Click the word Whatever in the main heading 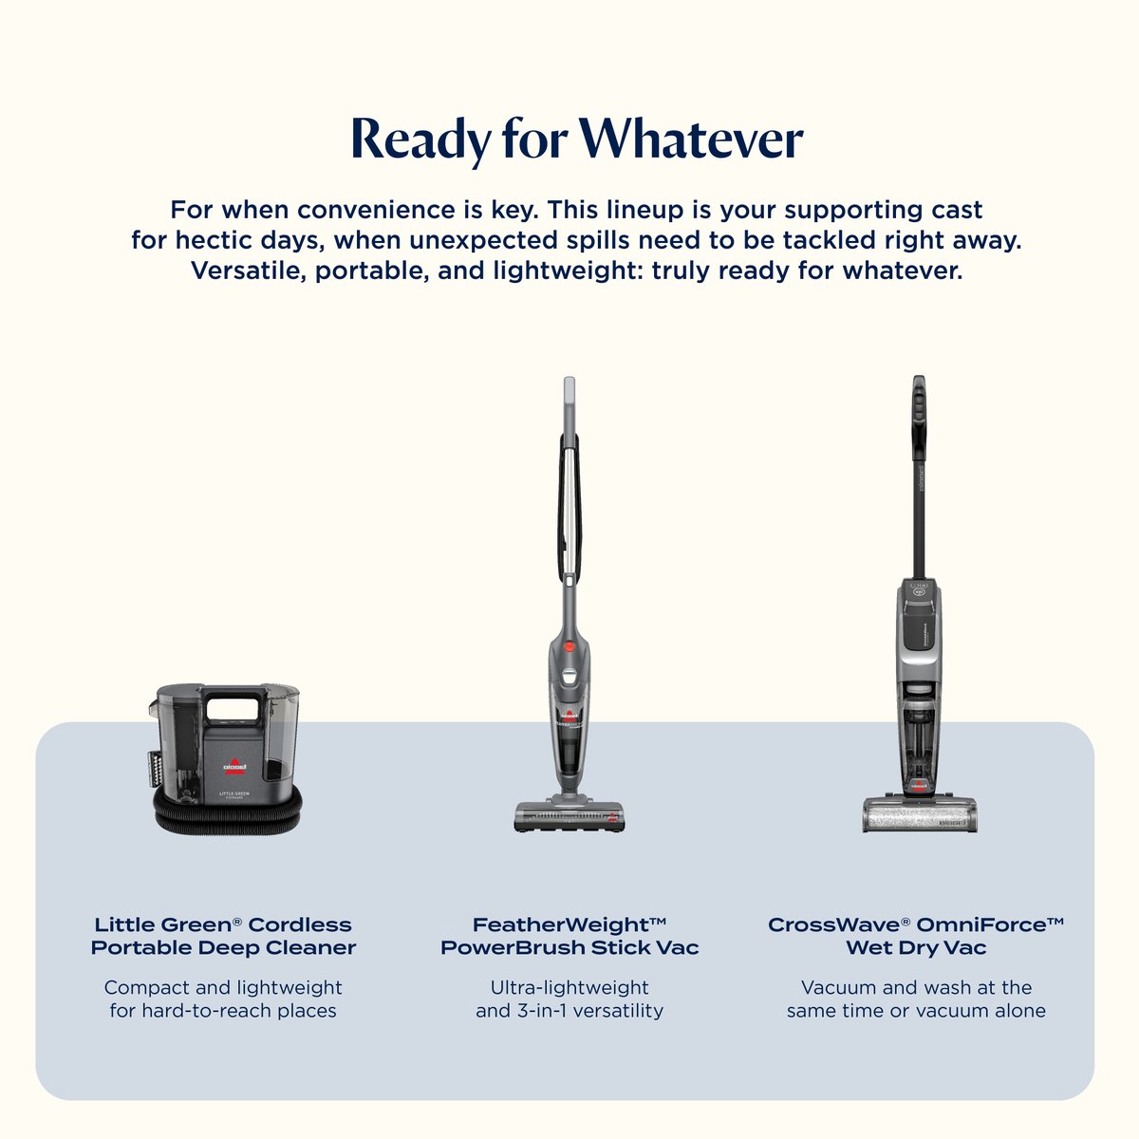690,140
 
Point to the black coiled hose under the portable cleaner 228,811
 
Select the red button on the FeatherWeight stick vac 569,646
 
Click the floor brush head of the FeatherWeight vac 569,815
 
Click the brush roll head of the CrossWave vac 919,814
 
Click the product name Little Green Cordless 223,924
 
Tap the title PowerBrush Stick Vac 569,947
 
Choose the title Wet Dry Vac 916,948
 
